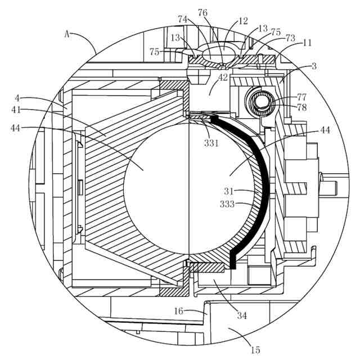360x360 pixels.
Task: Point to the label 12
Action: coord(243,21)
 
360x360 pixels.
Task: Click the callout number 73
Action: coord(290,38)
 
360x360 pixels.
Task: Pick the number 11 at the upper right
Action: coord(307,43)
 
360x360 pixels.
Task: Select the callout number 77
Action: coord(303,97)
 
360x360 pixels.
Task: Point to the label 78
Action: coord(303,107)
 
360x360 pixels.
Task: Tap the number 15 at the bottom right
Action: coord(256,349)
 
